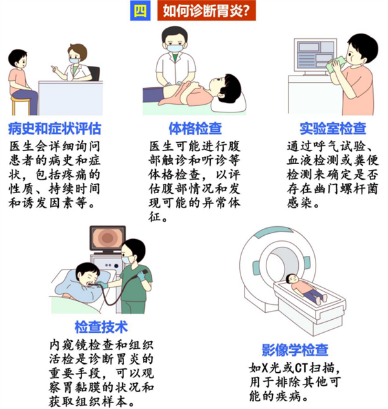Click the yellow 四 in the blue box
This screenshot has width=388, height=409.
[x=140, y=11]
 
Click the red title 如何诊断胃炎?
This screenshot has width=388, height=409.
[x=206, y=11]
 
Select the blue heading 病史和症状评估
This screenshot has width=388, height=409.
[x=54, y=129]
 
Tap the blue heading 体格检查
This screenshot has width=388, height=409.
[x=195, y=129]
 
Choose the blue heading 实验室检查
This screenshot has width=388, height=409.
[x=333, y=129]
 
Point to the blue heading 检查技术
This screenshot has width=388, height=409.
[x=101, y=327]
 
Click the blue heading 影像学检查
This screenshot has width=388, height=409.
[x=295, y=350]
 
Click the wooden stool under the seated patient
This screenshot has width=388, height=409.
[x=21, y=105]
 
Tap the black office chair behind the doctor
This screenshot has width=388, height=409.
[x=94, y=73]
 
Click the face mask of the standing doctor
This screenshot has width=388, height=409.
[x=175, y=48]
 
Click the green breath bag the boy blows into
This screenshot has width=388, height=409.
[x=335, y=65]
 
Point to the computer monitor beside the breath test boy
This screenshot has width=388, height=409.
[x=315, y=56]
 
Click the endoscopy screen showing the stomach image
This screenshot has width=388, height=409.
[x=107, y=238]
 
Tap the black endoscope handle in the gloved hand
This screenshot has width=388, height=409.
[x=143, y=272]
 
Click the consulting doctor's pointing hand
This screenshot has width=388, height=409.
[x=54, y=68]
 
